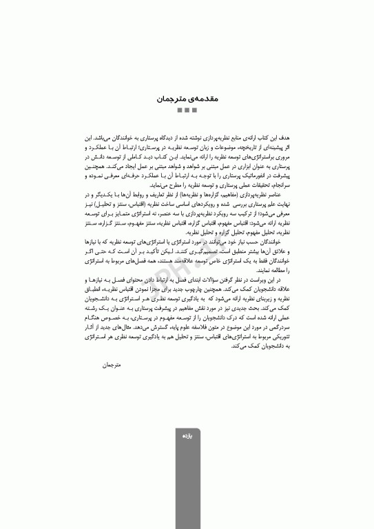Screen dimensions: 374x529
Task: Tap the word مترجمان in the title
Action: (172, 99)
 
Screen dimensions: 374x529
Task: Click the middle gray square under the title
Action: (187, 111)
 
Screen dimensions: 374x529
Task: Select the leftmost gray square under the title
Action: (179, 111)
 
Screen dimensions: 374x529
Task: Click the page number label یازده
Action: (187, 437)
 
